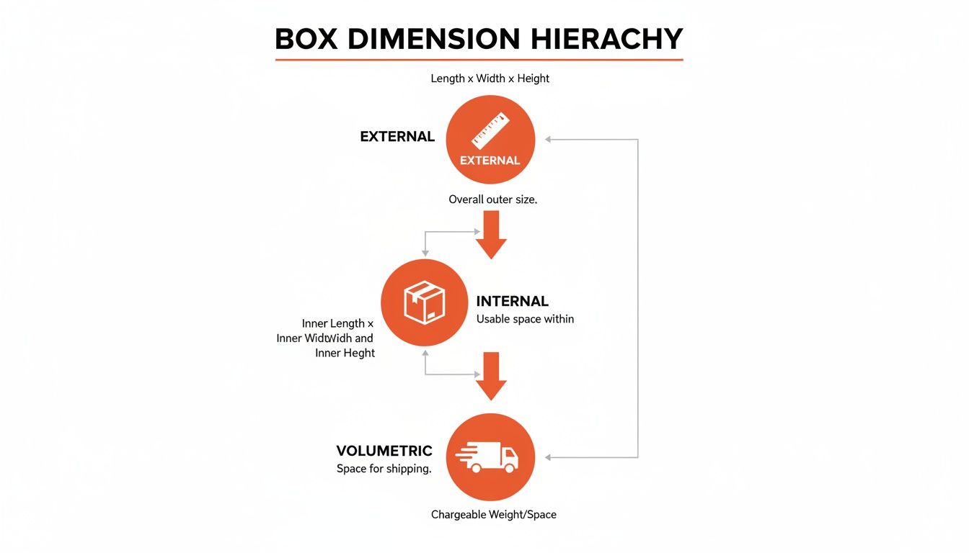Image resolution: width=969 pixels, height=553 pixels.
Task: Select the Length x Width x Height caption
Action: coord(490,78)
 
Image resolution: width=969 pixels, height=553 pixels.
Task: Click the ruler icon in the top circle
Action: coord(490,130)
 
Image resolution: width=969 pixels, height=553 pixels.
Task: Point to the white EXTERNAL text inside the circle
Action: coord(490,160)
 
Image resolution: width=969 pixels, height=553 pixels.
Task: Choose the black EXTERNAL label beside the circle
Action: coord(397,136)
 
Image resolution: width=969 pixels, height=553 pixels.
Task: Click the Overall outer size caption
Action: coord(492,199)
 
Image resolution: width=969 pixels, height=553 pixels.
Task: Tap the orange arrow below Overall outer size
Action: coord(491,235)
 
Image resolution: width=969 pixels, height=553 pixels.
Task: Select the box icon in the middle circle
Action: coord(425,302)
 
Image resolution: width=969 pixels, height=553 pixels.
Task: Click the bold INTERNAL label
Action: coord(512,301)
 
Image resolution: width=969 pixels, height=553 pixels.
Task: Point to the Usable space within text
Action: coord(525,318)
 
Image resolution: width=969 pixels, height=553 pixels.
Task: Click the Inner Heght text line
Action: coord(345,353)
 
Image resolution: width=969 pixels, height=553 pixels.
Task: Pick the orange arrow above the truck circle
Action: coord(491,376)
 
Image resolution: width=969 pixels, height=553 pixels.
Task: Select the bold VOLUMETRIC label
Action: coord(384,451)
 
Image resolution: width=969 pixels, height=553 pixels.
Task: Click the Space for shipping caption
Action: coord(384,469)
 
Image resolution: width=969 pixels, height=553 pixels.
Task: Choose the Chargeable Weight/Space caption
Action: coord(493,514)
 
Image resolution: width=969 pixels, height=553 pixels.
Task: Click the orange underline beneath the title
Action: coord(479,59)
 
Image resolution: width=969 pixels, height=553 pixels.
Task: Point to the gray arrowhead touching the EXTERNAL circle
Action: coord(548,139)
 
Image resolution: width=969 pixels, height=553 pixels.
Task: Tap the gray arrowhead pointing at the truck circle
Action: coord(548,457)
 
